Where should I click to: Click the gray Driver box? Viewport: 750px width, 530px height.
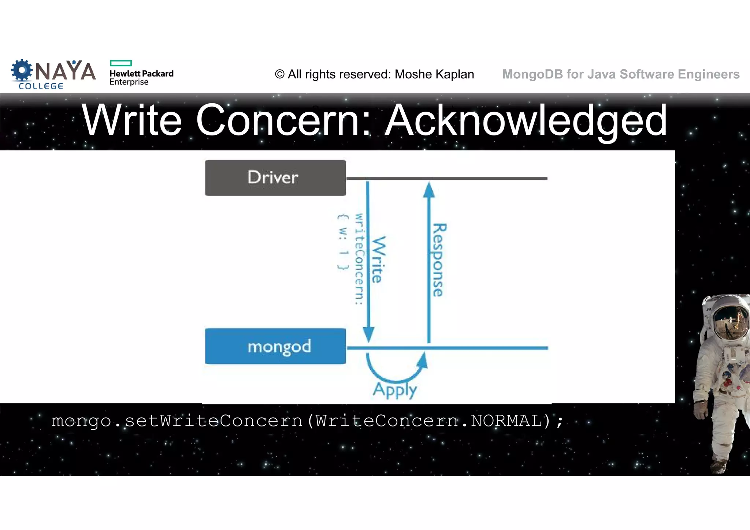275,178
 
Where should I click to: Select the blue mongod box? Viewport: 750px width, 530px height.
275,346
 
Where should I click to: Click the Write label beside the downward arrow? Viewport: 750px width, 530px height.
379,260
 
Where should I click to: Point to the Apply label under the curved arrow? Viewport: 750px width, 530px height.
395,390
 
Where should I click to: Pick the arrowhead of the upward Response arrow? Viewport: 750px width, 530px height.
429,189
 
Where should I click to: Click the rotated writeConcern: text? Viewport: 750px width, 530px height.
359,259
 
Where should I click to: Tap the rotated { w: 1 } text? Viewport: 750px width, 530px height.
343,242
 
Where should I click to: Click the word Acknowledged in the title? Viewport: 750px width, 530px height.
526,120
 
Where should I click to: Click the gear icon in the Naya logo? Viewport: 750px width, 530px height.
22,70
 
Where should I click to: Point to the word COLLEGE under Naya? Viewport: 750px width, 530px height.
41,86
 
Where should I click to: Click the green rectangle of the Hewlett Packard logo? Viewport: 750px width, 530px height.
120,63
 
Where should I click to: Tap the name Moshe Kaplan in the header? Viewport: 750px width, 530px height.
434,74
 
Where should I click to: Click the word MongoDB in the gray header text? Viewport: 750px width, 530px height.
532,74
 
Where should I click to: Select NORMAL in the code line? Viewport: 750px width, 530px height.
506,421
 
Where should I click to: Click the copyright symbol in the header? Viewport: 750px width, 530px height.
280,74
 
